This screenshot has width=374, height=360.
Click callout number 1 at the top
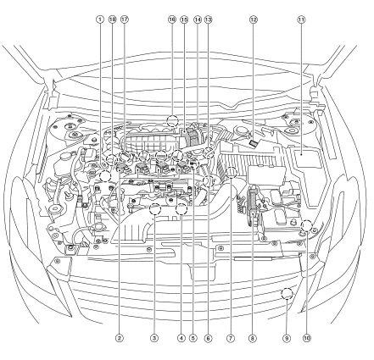tap(99, 19)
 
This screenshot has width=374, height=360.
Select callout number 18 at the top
tap(113, 19)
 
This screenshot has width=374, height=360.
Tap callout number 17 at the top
tap(125, 19)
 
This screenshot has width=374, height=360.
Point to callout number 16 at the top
tap(172, 19)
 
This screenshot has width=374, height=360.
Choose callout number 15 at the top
tap(184, 19)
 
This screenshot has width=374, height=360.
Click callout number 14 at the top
tap(198, 19)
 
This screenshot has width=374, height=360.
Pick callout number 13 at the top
tap(208, 19)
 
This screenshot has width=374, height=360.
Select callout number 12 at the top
tap(254, 19)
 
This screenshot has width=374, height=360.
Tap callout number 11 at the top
tap(301, 19)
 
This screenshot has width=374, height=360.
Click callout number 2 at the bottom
tap(120, 338)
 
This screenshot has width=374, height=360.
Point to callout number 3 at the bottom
tap(154, 338)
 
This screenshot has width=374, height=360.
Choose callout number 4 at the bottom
tap(181, 338)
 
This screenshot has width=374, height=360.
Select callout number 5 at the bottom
tap(193, 338)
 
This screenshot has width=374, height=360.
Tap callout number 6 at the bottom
tap(208, 338)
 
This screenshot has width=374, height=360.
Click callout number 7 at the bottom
tap(231, 338)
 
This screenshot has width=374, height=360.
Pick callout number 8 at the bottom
tap(253, 338)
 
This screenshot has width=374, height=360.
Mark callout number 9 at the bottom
tap(287, 338)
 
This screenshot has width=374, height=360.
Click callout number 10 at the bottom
tap(307, 338)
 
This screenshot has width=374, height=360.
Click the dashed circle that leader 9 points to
tap(287, 288)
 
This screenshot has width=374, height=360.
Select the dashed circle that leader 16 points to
tap(172, 115)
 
